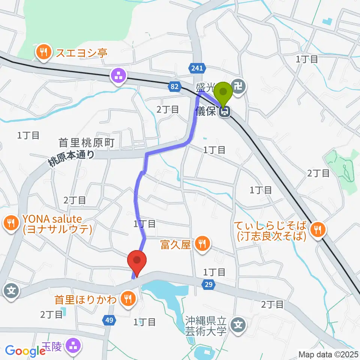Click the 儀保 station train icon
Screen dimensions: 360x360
click(225, 111)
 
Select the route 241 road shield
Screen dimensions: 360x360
click(196, 68)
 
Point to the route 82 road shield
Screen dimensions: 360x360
click(174, 87)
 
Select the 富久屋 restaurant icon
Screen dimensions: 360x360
click(202, 245)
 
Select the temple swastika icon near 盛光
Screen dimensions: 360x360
click(238, 87)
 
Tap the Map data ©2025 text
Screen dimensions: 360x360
click(327, 354)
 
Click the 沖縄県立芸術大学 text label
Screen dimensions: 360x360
click(206, 325)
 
